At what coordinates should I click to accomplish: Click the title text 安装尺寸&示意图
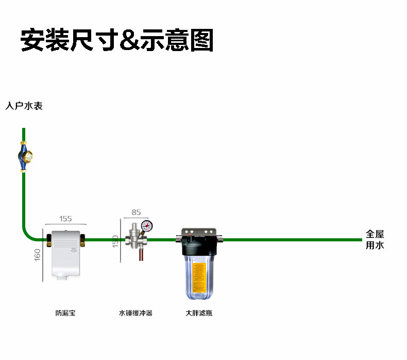click(116, 40)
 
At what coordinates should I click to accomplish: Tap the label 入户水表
click(24, 106)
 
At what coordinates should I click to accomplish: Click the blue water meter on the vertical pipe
click(24, 156)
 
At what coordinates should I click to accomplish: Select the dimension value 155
click(65, 219)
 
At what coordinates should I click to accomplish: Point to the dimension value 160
click(38, 255)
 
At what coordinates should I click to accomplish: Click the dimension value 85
click(136, 212)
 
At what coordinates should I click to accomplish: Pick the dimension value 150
click(115, 241)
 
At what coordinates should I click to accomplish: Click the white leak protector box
click(67, 253)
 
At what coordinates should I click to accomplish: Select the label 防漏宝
click(65, 313)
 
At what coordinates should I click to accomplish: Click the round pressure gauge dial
click(147, 225)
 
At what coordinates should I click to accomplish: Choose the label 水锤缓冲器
click(135, 313)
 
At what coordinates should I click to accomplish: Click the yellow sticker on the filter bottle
click(199, 275)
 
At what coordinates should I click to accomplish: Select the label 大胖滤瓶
click(199, 313)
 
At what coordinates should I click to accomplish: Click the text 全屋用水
click(375, 240)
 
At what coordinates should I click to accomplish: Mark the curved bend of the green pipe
click(28, 235)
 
